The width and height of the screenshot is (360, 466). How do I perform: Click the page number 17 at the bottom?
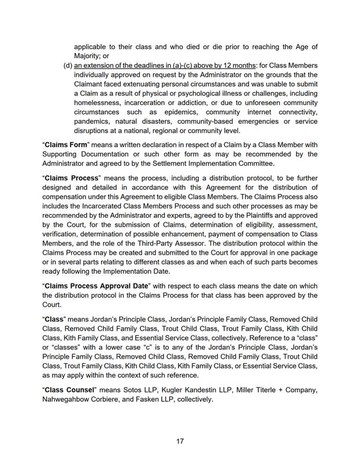(x=180, y=441)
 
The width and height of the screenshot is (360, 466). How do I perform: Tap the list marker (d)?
(x=68, y=65)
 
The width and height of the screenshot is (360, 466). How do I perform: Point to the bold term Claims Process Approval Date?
(x=97, y=286)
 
